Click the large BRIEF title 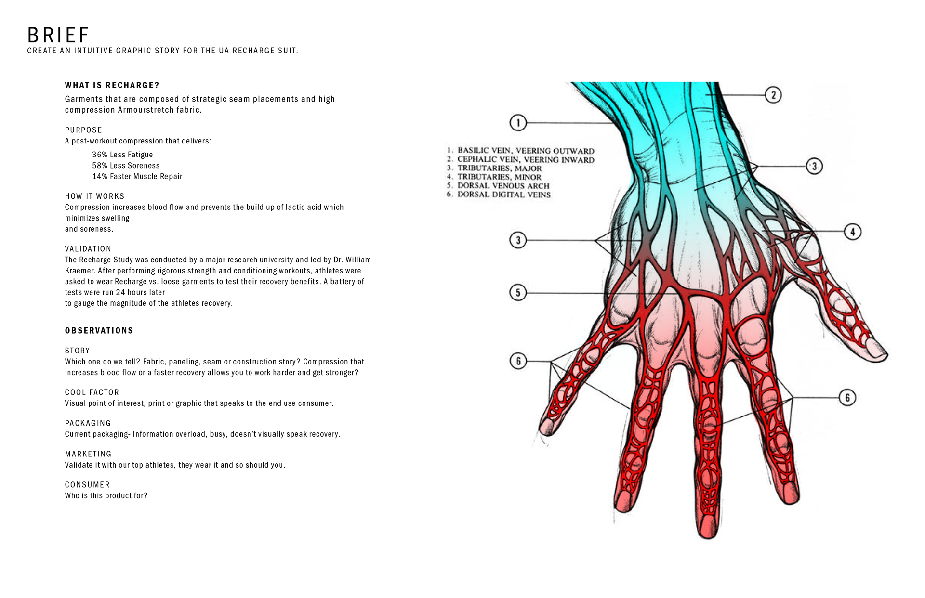58,35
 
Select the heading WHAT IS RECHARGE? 112,85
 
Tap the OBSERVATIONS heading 99,330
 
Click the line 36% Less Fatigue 122,155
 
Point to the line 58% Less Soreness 126,166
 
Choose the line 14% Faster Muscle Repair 137,176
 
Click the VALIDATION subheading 88,249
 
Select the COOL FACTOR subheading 92,392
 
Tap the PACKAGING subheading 88,423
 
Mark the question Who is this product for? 106,495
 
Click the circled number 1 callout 518,123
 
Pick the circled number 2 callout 773,95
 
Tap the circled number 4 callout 852,232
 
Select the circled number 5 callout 518,292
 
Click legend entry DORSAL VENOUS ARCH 503,186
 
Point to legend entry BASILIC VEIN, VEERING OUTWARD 526,151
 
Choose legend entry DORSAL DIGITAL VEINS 503,195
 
